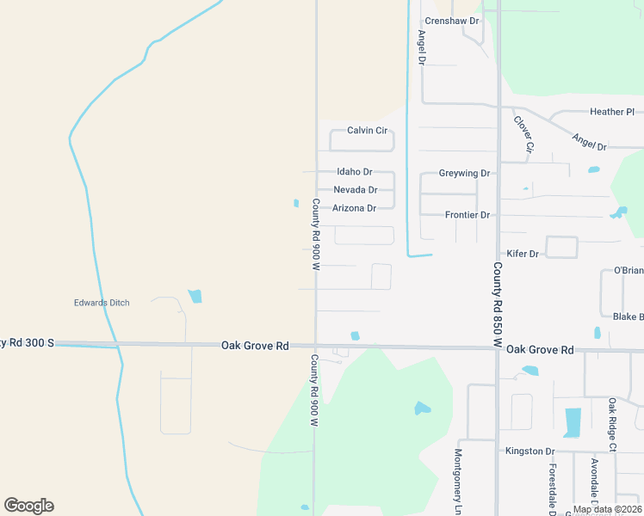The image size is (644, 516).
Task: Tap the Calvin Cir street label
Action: click(x=367, y=131)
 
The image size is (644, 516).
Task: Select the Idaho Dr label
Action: click(x=354, y=172)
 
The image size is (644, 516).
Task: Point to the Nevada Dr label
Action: click(x=355, y=190)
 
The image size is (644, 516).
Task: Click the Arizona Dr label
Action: click(x=354, y=208)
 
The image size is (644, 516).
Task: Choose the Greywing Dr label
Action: click(x=464, y=173)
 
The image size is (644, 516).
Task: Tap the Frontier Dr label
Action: click(x=468, y=215)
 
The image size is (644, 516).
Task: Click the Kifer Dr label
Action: click(x=522, y=254)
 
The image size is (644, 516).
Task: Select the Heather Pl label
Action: click(x=611, y=112)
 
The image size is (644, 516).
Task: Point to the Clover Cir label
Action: click(x=524, y=135)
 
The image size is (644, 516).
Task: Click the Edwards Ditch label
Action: click(x=101, y=303)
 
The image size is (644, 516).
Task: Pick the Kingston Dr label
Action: click(x=529, y=451)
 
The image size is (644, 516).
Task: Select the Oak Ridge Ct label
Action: click(x=613, y=425)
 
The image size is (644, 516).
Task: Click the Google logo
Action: click(x=28, y=506)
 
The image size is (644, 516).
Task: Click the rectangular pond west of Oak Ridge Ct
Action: click(x=573, y=422)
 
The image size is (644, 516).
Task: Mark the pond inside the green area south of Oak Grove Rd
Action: click(x=422, y=408)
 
